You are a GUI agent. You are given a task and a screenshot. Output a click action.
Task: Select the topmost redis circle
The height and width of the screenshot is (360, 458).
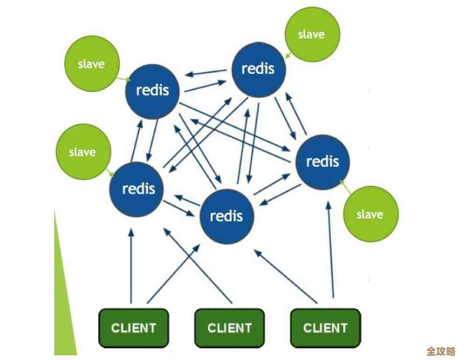point(258,70)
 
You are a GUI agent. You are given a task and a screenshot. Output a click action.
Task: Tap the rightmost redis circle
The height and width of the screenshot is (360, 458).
point(322,162)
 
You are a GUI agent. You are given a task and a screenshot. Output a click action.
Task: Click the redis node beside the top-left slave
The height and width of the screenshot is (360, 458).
point(153,91)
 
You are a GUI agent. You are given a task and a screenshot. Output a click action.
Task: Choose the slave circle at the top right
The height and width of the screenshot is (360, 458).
point(312,35)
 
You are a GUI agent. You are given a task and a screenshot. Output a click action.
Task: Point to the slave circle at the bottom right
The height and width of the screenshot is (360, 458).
point(370,214)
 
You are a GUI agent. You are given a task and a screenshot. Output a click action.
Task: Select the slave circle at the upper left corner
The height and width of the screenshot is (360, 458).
point(91,65)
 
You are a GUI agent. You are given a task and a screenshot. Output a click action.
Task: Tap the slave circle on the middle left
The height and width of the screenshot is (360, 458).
point(82,152)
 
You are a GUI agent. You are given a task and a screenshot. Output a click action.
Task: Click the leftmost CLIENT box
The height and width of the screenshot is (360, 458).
point(133,328)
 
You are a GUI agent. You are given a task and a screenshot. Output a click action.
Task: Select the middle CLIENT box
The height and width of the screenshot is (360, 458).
point(229,328)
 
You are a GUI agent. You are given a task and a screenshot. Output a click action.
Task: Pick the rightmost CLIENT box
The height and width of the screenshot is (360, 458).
point(326,328)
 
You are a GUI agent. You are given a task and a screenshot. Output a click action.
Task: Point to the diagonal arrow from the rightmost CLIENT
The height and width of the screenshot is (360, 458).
point(286,276)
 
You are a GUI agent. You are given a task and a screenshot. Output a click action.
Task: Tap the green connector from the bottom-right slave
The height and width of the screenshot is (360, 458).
point(346,187)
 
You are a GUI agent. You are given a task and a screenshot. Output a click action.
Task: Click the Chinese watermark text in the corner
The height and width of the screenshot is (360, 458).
point(441,351)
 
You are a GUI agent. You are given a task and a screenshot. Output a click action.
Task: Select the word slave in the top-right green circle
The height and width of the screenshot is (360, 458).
point(312,35)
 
